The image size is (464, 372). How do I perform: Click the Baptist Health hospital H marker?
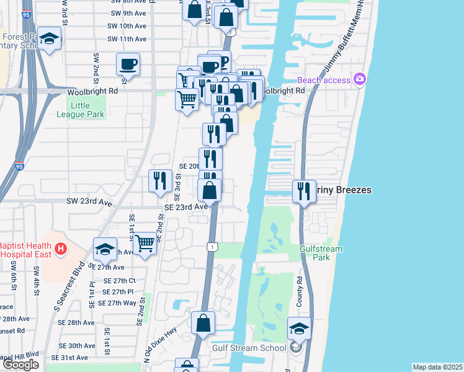(x=60, y=249)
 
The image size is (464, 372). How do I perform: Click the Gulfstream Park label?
(x=321, y=253)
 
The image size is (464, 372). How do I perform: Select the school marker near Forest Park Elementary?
(x=49, y=38)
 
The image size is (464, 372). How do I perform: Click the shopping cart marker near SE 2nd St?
(x=145, y=243)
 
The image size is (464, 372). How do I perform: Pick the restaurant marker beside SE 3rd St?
(x=161, y=180)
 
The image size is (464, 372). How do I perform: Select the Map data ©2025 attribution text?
(x=437, y=367)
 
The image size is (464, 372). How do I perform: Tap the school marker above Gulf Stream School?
(x=299, y=329)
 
